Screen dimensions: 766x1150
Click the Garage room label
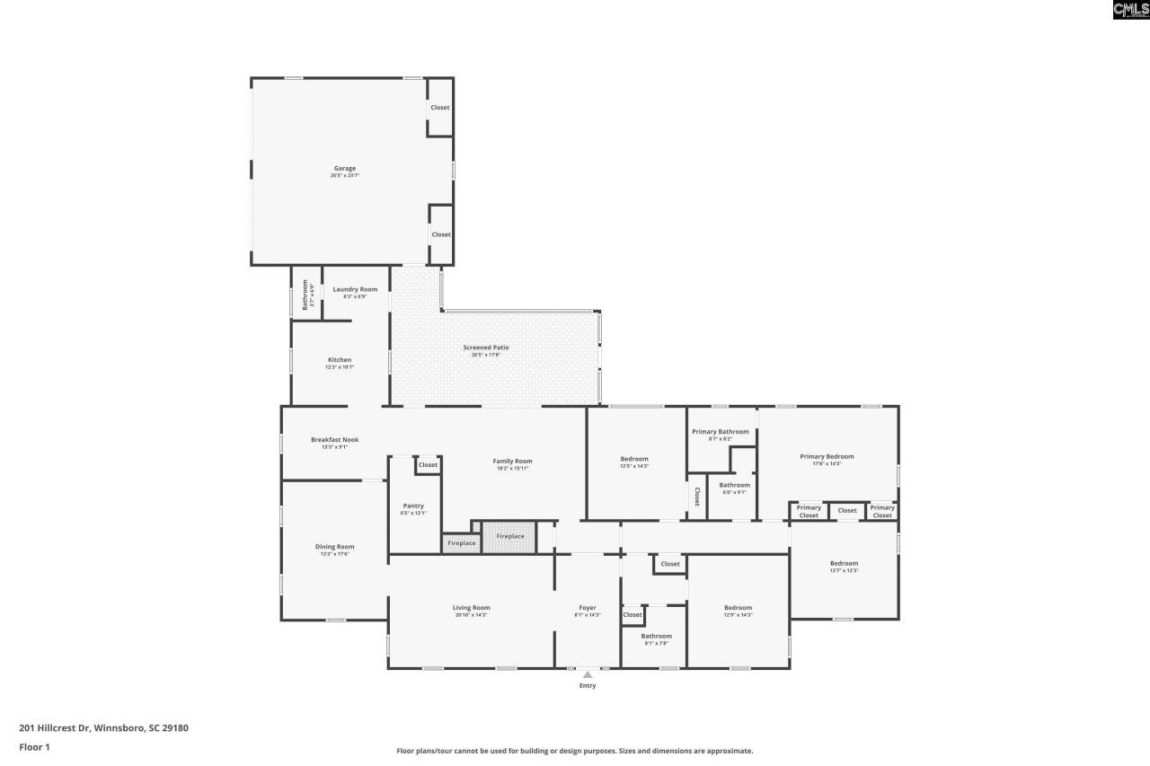coord(345,169)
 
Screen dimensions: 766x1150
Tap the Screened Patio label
coord(486,348)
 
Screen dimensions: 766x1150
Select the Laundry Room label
coord(355,289)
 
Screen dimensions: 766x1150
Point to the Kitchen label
coord(339,360)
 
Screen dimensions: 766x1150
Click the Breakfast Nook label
coord(334,440)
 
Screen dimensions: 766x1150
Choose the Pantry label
coord(413,506)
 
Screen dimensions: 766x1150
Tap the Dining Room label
coord(334,547)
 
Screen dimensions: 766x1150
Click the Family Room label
coord(512,462)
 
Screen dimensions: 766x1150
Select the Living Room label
coord(471,608)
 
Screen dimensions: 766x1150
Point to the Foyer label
coord(588,608)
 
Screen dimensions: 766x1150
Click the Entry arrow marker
coord(588,674)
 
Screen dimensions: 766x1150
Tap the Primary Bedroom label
coord(827,456)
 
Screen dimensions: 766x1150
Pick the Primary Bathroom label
coord(720,432)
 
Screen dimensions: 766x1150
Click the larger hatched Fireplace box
coord(509,537)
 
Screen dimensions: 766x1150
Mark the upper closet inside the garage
coord(439,108)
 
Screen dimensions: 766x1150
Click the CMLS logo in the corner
coord(1130,10)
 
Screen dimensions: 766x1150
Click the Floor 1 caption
coord(34,747)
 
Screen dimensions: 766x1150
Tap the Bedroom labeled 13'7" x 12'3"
coord(844,564)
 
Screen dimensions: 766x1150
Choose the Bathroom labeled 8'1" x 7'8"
coord(656,637)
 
